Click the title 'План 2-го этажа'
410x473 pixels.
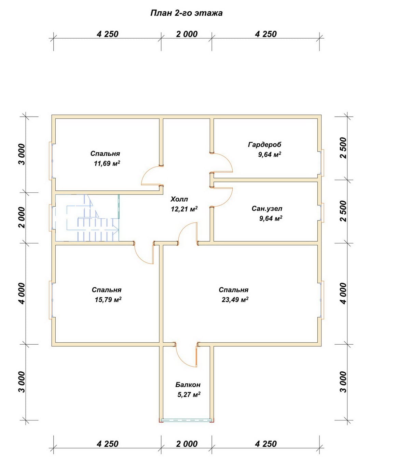pyautogui.click(x=187, y=13)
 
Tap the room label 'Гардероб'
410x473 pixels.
pyautogui.click(x=264, y=145)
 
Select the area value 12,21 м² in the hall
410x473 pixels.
pyautogui.click(x=184, y=209)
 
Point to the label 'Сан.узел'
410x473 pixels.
pyautogui.click(x=267, y=209)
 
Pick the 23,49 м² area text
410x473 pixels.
pyautogui.click(x=235, y=300)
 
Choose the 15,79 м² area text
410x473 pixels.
pyautogui.click(x=108, y=300)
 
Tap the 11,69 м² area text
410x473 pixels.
pyautogui.click(x=107, y=163)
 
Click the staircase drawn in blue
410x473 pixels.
pyautogui.click(x=87, y=218)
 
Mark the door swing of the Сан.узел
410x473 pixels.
pyautogui.click(x=229, y=199)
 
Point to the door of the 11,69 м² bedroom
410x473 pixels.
pyautogui.click(x=146, y=174)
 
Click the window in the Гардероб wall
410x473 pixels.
pyautogui.click(x=322, y=163)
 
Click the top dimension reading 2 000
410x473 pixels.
pyautogui.click(x=187, y=34)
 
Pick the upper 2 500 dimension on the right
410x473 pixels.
pyautogui.click(x=344, y=148)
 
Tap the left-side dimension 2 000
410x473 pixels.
pyautogui.click(x=22, y=217)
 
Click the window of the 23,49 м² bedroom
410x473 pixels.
pyautogui.click(x=322, y=300)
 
